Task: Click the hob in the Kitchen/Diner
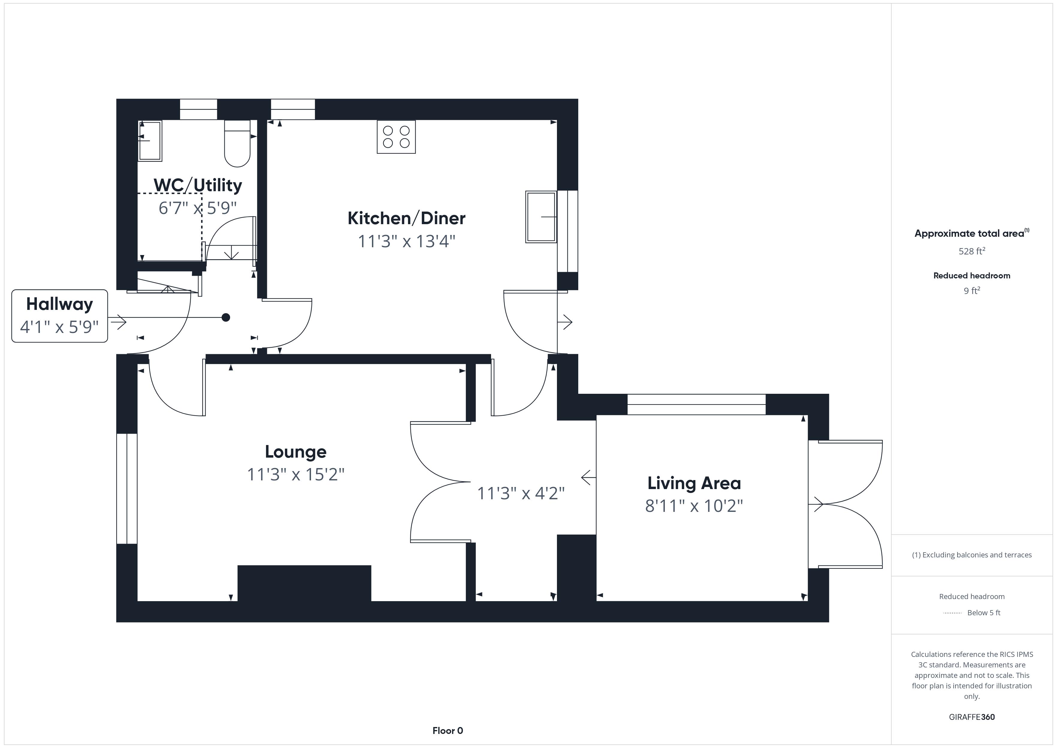point(396,137)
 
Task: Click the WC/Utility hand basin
point(150,141)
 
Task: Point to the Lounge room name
point(295,452)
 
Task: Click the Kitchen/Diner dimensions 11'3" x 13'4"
point(407,241)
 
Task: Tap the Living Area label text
point(694,483)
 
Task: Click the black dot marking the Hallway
point(226,317)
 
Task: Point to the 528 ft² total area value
point(972,251)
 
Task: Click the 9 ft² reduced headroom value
point(972,291)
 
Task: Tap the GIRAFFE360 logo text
point(972,717)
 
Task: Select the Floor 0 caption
point(448,731)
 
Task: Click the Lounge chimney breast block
point(304,583)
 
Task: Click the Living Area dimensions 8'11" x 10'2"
point(694,506)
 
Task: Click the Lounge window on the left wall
point(127,489)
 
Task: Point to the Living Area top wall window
point(697,404)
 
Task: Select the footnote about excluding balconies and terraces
point(972,555)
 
